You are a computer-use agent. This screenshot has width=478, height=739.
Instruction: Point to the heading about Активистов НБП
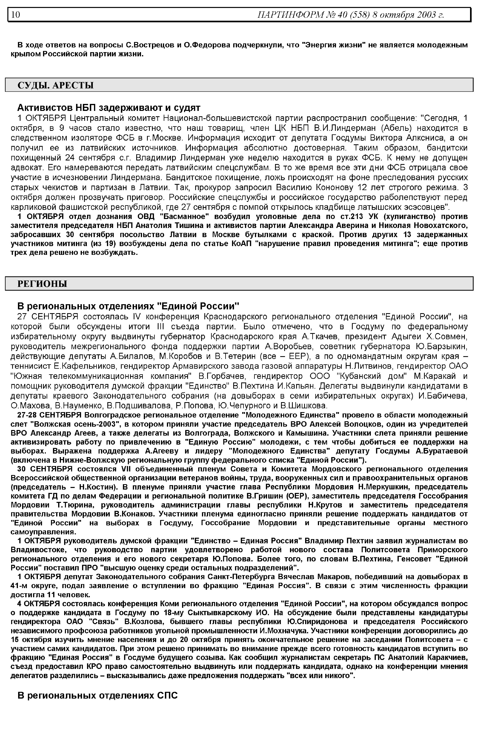[109, 108]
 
